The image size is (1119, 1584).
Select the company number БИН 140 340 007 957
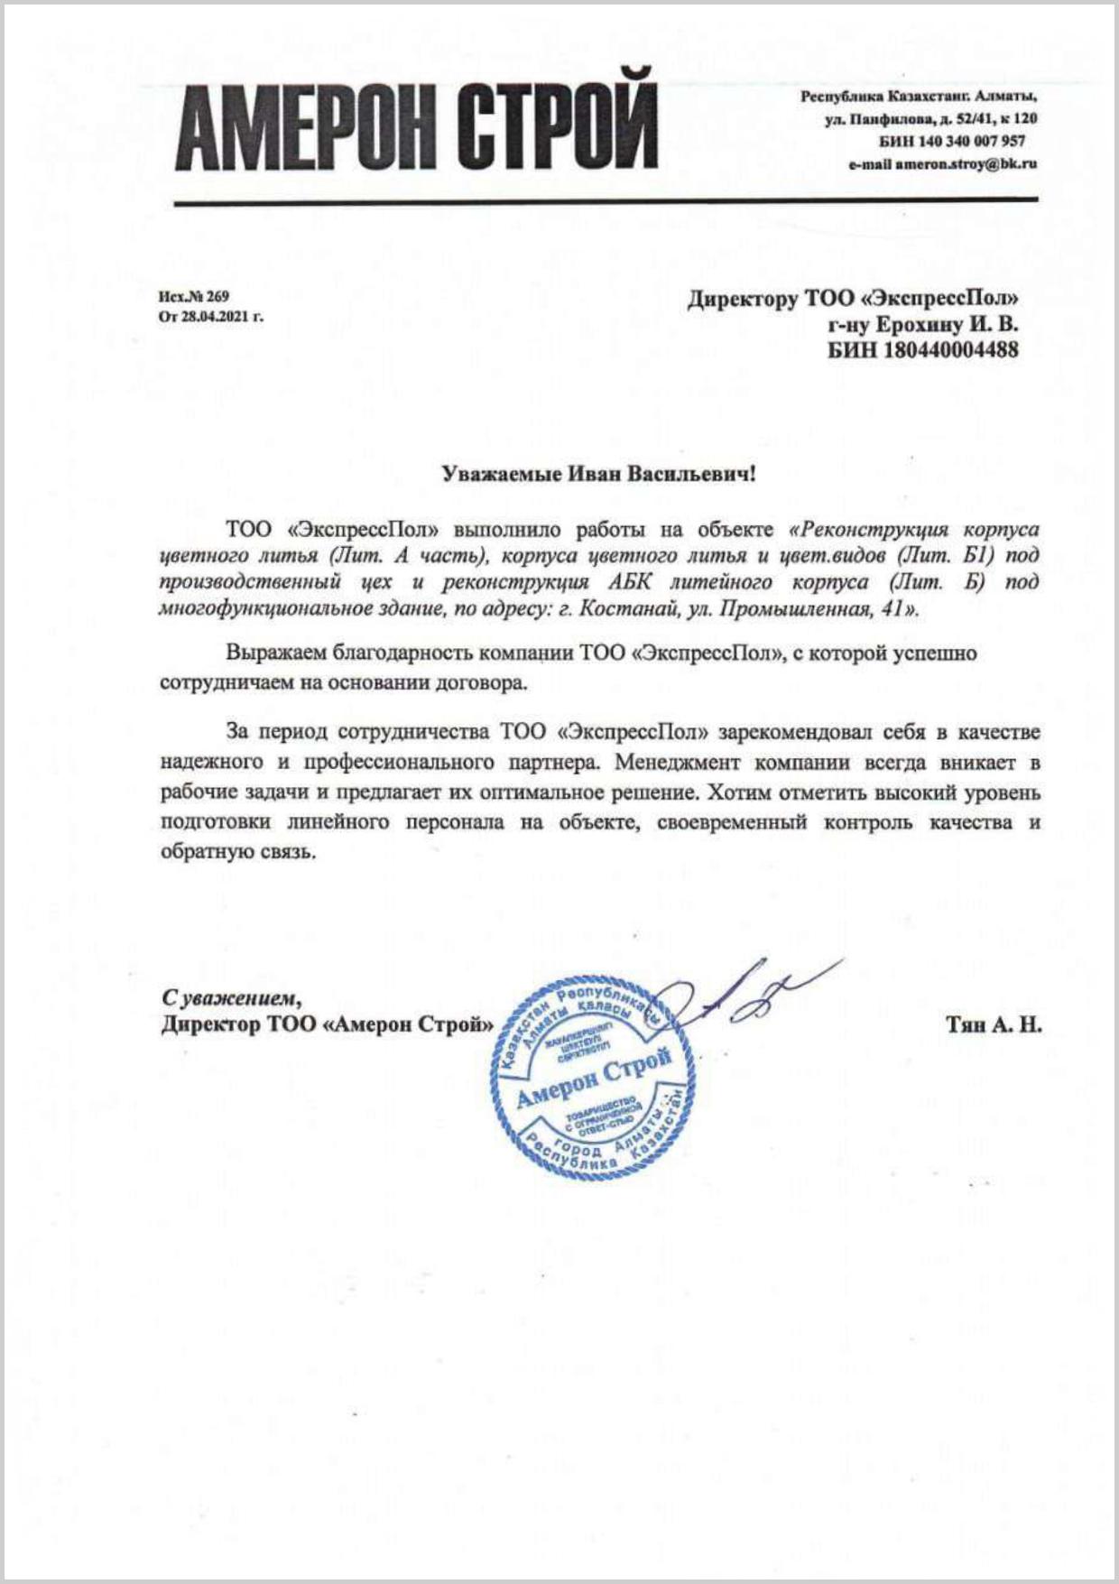pos(951,141)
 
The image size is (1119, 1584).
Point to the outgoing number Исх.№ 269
pos(194,296)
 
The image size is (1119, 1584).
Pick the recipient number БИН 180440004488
pos(923,349)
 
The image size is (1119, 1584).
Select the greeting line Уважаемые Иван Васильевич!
pos(597,474)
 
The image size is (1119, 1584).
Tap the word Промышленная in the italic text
pos(793,609)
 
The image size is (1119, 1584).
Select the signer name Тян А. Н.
pos(994,1024)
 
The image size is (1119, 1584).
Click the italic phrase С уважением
pos(231,998)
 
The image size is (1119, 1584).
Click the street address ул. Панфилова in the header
pos(875,118)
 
